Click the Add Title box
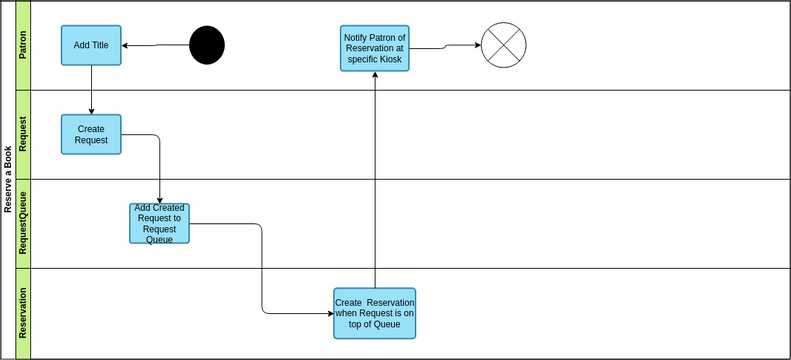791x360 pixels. tap(91, 45)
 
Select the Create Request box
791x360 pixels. tap(91, 134)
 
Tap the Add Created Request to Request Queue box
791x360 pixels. tap(159, 223)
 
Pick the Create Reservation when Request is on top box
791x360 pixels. tap(375, 313)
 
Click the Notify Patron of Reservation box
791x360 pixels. tap(375, 48)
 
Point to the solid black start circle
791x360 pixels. tap(207, 45)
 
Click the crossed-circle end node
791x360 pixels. tap(503, 45)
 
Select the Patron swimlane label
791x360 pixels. tap(23, 46)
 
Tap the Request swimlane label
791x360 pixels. tap(23, 134)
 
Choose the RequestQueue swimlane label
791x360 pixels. tap(23, 223)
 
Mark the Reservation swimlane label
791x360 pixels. tap(23, 313)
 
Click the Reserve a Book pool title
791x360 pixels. tap(8, 180)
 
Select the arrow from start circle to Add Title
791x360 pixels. tap(156, 45)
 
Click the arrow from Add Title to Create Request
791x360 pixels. tap(91, 90)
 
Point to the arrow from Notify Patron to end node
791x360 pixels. tap(445, 46)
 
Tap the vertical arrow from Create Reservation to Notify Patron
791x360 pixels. tap(375, 180)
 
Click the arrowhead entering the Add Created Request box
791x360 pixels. tap(160, 200)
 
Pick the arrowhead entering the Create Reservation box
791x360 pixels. tap(329, 313)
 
